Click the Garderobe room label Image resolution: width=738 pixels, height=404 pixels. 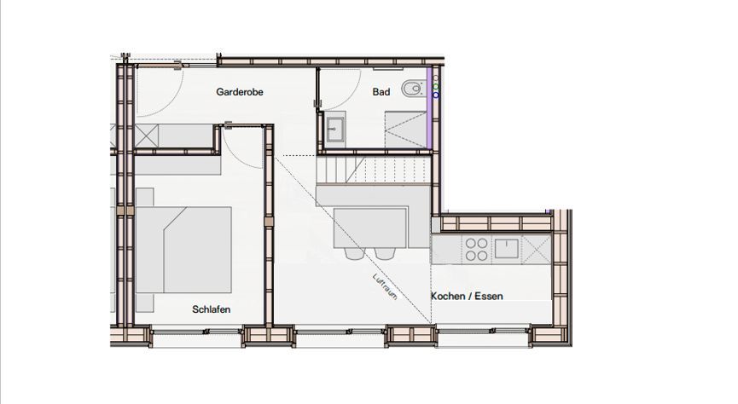pyautogui.click(x=240, y=92)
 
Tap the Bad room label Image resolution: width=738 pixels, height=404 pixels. pyautogui.click(x=381, y=92)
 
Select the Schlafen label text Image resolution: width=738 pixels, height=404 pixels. pyautogui.click(x=212, y=309)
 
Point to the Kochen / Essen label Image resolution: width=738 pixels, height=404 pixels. pyautogui.click(x=467, y=296)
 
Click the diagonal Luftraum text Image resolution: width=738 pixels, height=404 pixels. pyautogui.click(x=385, y=286)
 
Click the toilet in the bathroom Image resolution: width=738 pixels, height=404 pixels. pyautogui.click(x=413, y=88)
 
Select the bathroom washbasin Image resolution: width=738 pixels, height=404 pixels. pyautogui.click(x=334, y=129)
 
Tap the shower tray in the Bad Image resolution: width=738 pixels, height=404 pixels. pyautogui.click(x=406, y=130)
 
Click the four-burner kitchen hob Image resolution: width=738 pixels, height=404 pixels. pyautogui.click(x=476, y=249)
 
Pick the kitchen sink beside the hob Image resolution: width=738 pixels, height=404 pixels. pyautogui.click(x=507, y=248)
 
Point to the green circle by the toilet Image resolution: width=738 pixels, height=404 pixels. pyautogui.click(x=436, y=87)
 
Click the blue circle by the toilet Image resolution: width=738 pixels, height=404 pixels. pyautogui.click(x=436, y=95)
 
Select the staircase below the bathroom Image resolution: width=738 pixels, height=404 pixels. pyautogui.click(x=374, y=170)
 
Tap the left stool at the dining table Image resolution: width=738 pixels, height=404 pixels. pyautogui.click(x=354, y=253)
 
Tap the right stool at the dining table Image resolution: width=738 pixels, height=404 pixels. pyautogui.click(x=385, y=253)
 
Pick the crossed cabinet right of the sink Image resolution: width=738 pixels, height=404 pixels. pyautogui.click(x=537, y=249)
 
